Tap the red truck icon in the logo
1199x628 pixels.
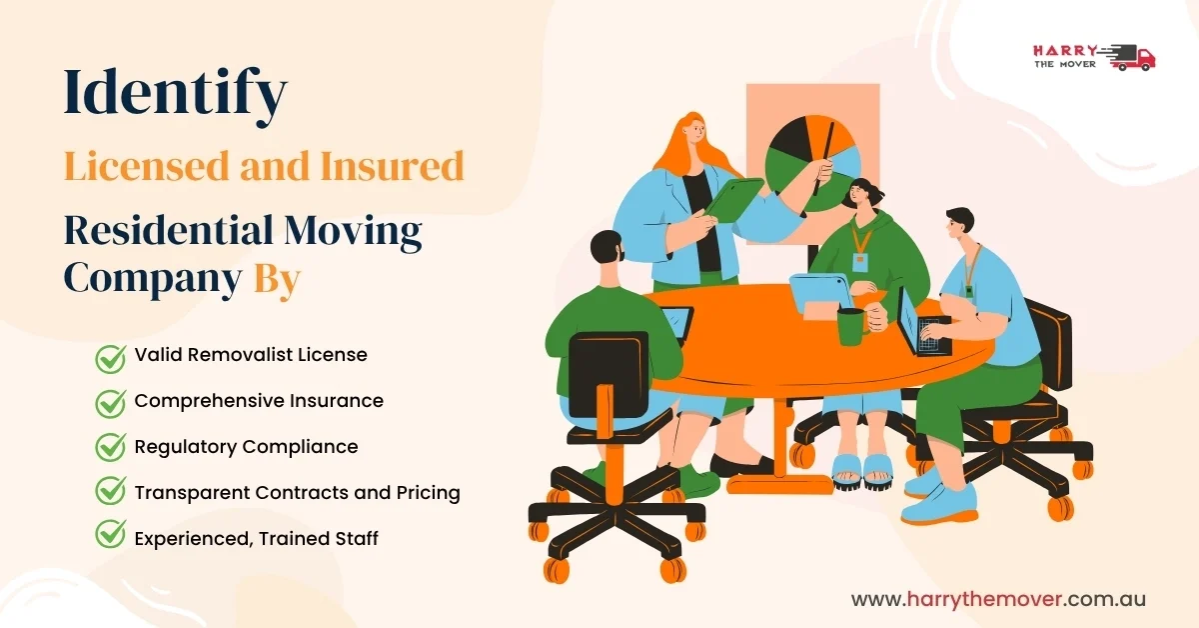tap(1133, 57)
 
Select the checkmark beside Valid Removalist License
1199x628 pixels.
tap(110, 357)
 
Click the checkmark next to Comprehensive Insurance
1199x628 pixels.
tap(110, 402)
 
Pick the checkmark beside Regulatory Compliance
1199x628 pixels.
tap(110, 448)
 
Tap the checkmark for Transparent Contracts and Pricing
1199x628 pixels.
tap(110, 493)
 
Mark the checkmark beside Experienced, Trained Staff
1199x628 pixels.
tap(110, 538)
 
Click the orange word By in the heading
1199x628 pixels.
tap(277, 279)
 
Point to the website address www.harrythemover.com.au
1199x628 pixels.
tap(998, 599)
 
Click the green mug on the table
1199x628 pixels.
tap(850, 326)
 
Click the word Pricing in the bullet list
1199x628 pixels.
tap(424, 492)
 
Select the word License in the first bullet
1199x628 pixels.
tap(333, 355)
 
